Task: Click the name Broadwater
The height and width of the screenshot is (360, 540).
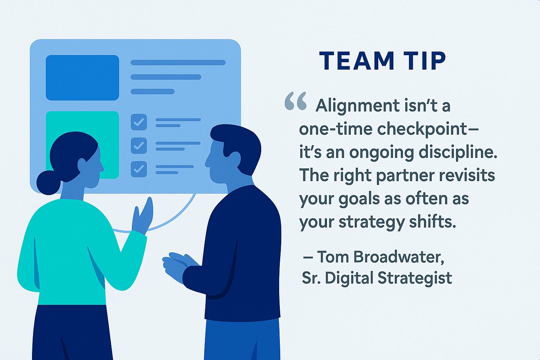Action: coord(398,257)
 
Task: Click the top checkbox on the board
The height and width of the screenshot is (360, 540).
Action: coord(139,122)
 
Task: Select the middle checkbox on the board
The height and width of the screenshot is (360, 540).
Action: coord(139,145)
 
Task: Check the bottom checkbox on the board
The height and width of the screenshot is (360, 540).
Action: coord(139,169)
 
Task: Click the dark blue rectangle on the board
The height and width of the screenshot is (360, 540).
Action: coord(82,78)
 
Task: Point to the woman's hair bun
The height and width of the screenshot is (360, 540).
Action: coord(48,182)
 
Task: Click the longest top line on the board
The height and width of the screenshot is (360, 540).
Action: coord(178,63)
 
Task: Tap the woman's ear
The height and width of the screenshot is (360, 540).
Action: coord(82,165)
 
